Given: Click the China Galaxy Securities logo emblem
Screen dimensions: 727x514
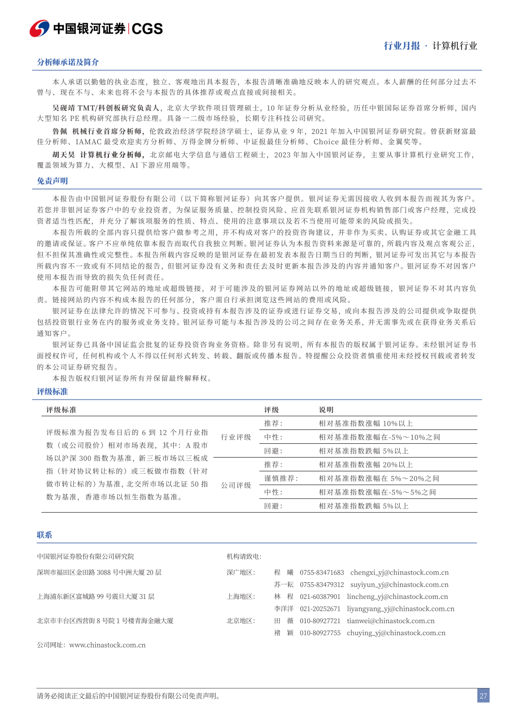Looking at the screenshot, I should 40,29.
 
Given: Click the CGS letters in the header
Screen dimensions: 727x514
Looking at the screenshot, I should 147,29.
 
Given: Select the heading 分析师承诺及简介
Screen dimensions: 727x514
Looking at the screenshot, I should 68,62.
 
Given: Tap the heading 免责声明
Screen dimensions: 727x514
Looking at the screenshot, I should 52,181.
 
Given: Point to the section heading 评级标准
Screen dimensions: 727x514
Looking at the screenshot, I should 52,391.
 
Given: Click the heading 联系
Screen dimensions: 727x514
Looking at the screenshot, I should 44,535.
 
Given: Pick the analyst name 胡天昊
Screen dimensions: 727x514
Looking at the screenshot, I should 64,155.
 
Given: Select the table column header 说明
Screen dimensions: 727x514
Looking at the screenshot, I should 326,410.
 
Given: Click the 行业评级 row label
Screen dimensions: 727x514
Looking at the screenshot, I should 236,437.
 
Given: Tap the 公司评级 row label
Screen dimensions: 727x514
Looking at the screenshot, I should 236,485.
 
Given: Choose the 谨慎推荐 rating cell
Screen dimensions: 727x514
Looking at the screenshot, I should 281,478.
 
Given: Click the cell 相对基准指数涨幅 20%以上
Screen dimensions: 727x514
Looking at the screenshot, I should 366,465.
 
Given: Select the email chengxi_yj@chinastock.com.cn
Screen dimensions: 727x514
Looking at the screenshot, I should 399,572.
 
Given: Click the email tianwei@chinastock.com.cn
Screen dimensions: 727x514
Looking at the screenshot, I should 390,621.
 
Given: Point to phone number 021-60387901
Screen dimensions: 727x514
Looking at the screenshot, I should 320,597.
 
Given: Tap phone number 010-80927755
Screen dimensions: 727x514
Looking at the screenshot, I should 320,633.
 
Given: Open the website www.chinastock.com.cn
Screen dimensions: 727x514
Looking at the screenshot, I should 107,645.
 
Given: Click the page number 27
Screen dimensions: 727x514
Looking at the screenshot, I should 483,696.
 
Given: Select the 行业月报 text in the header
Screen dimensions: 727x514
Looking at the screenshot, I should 402,46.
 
